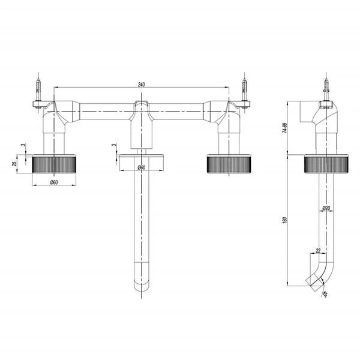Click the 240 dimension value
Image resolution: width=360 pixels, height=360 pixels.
142,85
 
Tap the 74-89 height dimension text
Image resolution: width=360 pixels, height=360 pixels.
285,128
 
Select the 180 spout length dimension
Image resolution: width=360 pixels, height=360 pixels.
285,220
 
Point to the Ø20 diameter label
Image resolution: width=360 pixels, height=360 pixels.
326,208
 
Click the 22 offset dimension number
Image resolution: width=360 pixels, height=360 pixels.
318,250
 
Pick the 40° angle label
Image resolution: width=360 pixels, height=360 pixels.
325,294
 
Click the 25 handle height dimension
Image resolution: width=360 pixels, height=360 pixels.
14,164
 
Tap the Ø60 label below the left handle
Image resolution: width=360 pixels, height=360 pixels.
54,182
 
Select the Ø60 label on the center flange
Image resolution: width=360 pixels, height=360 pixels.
142,167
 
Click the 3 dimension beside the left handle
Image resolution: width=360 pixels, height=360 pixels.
23,145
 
